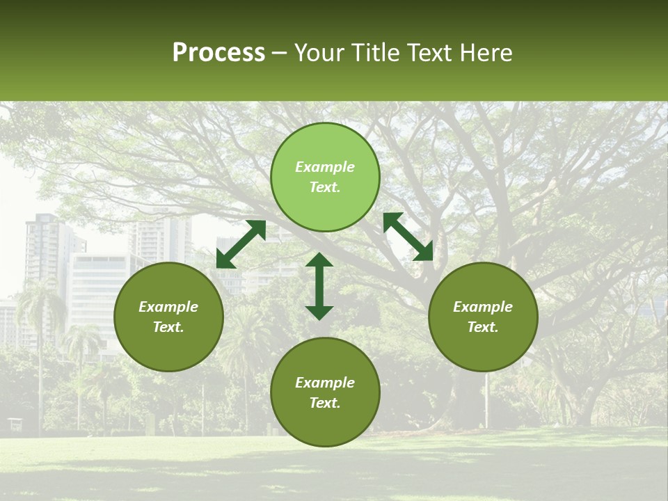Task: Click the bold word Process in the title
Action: point(218,53)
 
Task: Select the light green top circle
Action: point(325,177)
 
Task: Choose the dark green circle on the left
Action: point(168,317)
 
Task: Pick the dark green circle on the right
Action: point(483,317)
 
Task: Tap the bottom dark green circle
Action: point(325,392)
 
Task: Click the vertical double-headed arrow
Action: point(319,286)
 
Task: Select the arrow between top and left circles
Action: point(241,244)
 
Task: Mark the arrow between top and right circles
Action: point(408,237)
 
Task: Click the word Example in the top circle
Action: point(325,167)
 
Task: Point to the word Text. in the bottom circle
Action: point(325,403)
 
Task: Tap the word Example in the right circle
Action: point(483,307)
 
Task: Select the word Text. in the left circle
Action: point(168,327)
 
